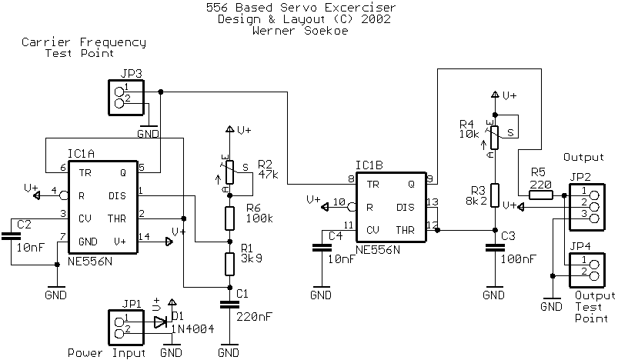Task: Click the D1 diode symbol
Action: tap(160, 322)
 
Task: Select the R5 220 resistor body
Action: tap(541, 195)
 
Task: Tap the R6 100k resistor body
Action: tap(230, 218)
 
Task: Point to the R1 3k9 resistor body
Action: tap(230, 264)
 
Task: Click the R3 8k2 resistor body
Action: tap(495, 195)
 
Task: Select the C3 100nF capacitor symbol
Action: tap(495, 248)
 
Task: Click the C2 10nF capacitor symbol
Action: tap(11, 236)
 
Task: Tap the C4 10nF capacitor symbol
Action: tap(322, 248)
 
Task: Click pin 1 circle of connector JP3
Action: tap(119, 92)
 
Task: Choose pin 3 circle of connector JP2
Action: tap(594, 218)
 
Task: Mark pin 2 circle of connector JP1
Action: tap(119, 334)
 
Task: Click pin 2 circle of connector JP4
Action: tap(594, 275)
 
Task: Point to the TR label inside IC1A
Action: tap(85, 173)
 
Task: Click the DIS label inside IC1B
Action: tap(405, 207)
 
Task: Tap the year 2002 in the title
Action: tap(376, 19)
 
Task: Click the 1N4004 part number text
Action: tap(193, 328)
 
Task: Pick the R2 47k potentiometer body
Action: tap(230, 172)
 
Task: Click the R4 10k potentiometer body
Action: tap(495, 138)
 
